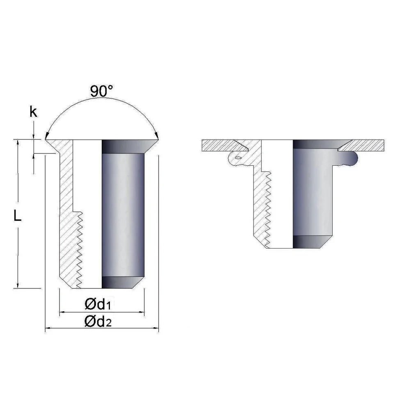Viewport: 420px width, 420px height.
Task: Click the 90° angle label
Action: coord(102,91)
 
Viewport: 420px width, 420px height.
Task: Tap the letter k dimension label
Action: coord(33,112)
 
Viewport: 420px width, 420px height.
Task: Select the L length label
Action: coord(17,215)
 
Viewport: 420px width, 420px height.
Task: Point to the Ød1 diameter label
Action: coord(98,304)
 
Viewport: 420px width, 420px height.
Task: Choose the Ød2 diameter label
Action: coord(98,322)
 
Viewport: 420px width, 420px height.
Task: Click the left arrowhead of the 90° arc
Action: coord(47,136)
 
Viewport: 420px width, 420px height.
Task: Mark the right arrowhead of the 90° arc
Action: coord(157,136)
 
